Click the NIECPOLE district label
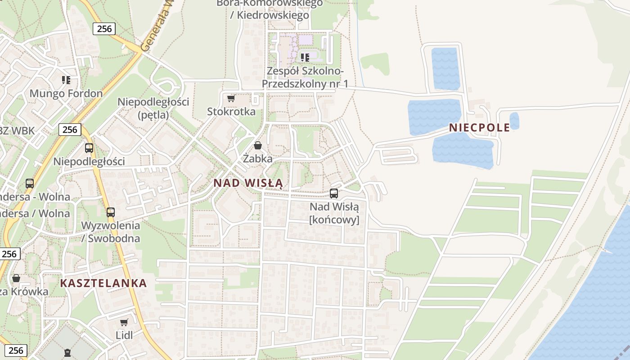479,127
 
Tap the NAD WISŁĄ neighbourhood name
248,183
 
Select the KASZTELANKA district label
103,283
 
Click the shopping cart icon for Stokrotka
231,98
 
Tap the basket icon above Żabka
258,145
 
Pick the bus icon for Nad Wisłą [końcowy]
334,193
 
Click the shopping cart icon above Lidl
124,322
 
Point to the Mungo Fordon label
66,94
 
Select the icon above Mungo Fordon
66,80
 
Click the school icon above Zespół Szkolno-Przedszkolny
305,57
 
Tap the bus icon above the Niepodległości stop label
89,148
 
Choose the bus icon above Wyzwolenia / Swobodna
111,212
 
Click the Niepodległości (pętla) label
153,108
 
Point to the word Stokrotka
231,112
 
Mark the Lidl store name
124,335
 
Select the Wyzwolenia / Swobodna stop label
111,232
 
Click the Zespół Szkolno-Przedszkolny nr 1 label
305,77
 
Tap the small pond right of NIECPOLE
514,121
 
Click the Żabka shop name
258,158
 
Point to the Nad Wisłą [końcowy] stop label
334,213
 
